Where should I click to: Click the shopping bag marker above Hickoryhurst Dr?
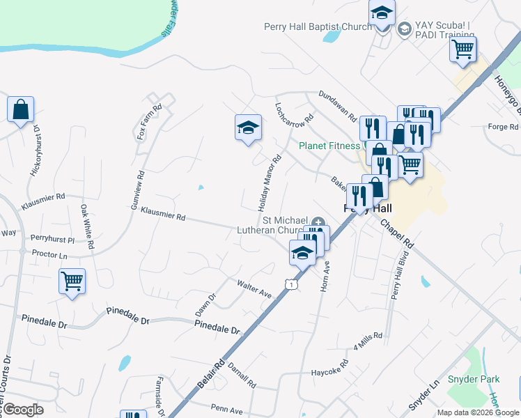pyautogui.click(x=21, y=109)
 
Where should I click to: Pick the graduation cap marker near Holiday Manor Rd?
pyautogui.click(x=248, y=127)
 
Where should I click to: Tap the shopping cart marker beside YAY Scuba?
pyautogui.click(x=462, y=49)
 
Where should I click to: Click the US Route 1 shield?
pyautogui.click(x=292, y=284)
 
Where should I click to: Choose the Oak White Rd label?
pyautogui.click(x=86, y=226)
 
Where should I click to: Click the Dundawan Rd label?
pyautogui.click(x=338, y=104)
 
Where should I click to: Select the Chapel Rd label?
pyautogui.click(x=397, y=235)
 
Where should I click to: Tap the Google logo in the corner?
pyautogui.click(x=24, y=410)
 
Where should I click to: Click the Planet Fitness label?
pyautogui.click(x=331, y=146)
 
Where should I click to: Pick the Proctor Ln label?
pyautogui.click(x=49, y=256)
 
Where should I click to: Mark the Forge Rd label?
pyautogui.click(x=504, y=127)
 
